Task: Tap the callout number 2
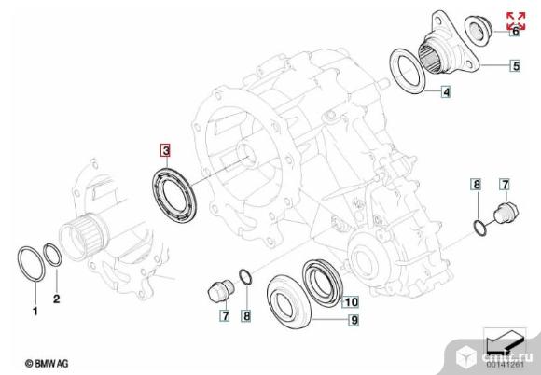pos(56,299)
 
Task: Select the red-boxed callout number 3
pos(164,150)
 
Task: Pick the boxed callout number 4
pos(446,92)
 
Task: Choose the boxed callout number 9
pos(354,320)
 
